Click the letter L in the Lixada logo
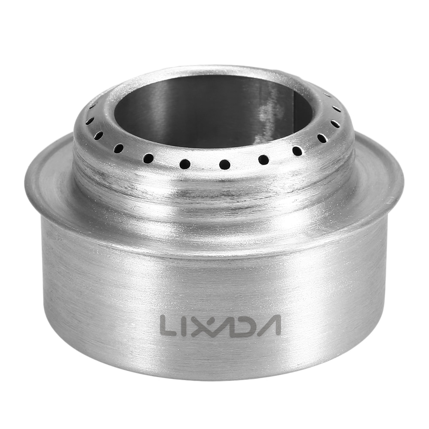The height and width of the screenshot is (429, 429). pyautogui.click(x=169, y=326)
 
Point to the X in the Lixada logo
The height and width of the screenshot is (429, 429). pyautogui.click(x=202, y=326)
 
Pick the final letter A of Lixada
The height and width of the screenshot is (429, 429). pyautogui.click(x=269, y=326)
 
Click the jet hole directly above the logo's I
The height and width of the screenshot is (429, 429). pyautogui.click(x=185, y=163)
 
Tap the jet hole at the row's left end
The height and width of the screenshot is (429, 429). pyautogui.click(x=92, y=106)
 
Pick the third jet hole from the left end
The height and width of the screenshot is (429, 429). pyautogui.click(x=99, y=136)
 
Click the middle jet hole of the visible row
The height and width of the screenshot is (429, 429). pyautogui.click(x=225, y=164)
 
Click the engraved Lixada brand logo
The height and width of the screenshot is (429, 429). pyautogui.click(x=220, y=326)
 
